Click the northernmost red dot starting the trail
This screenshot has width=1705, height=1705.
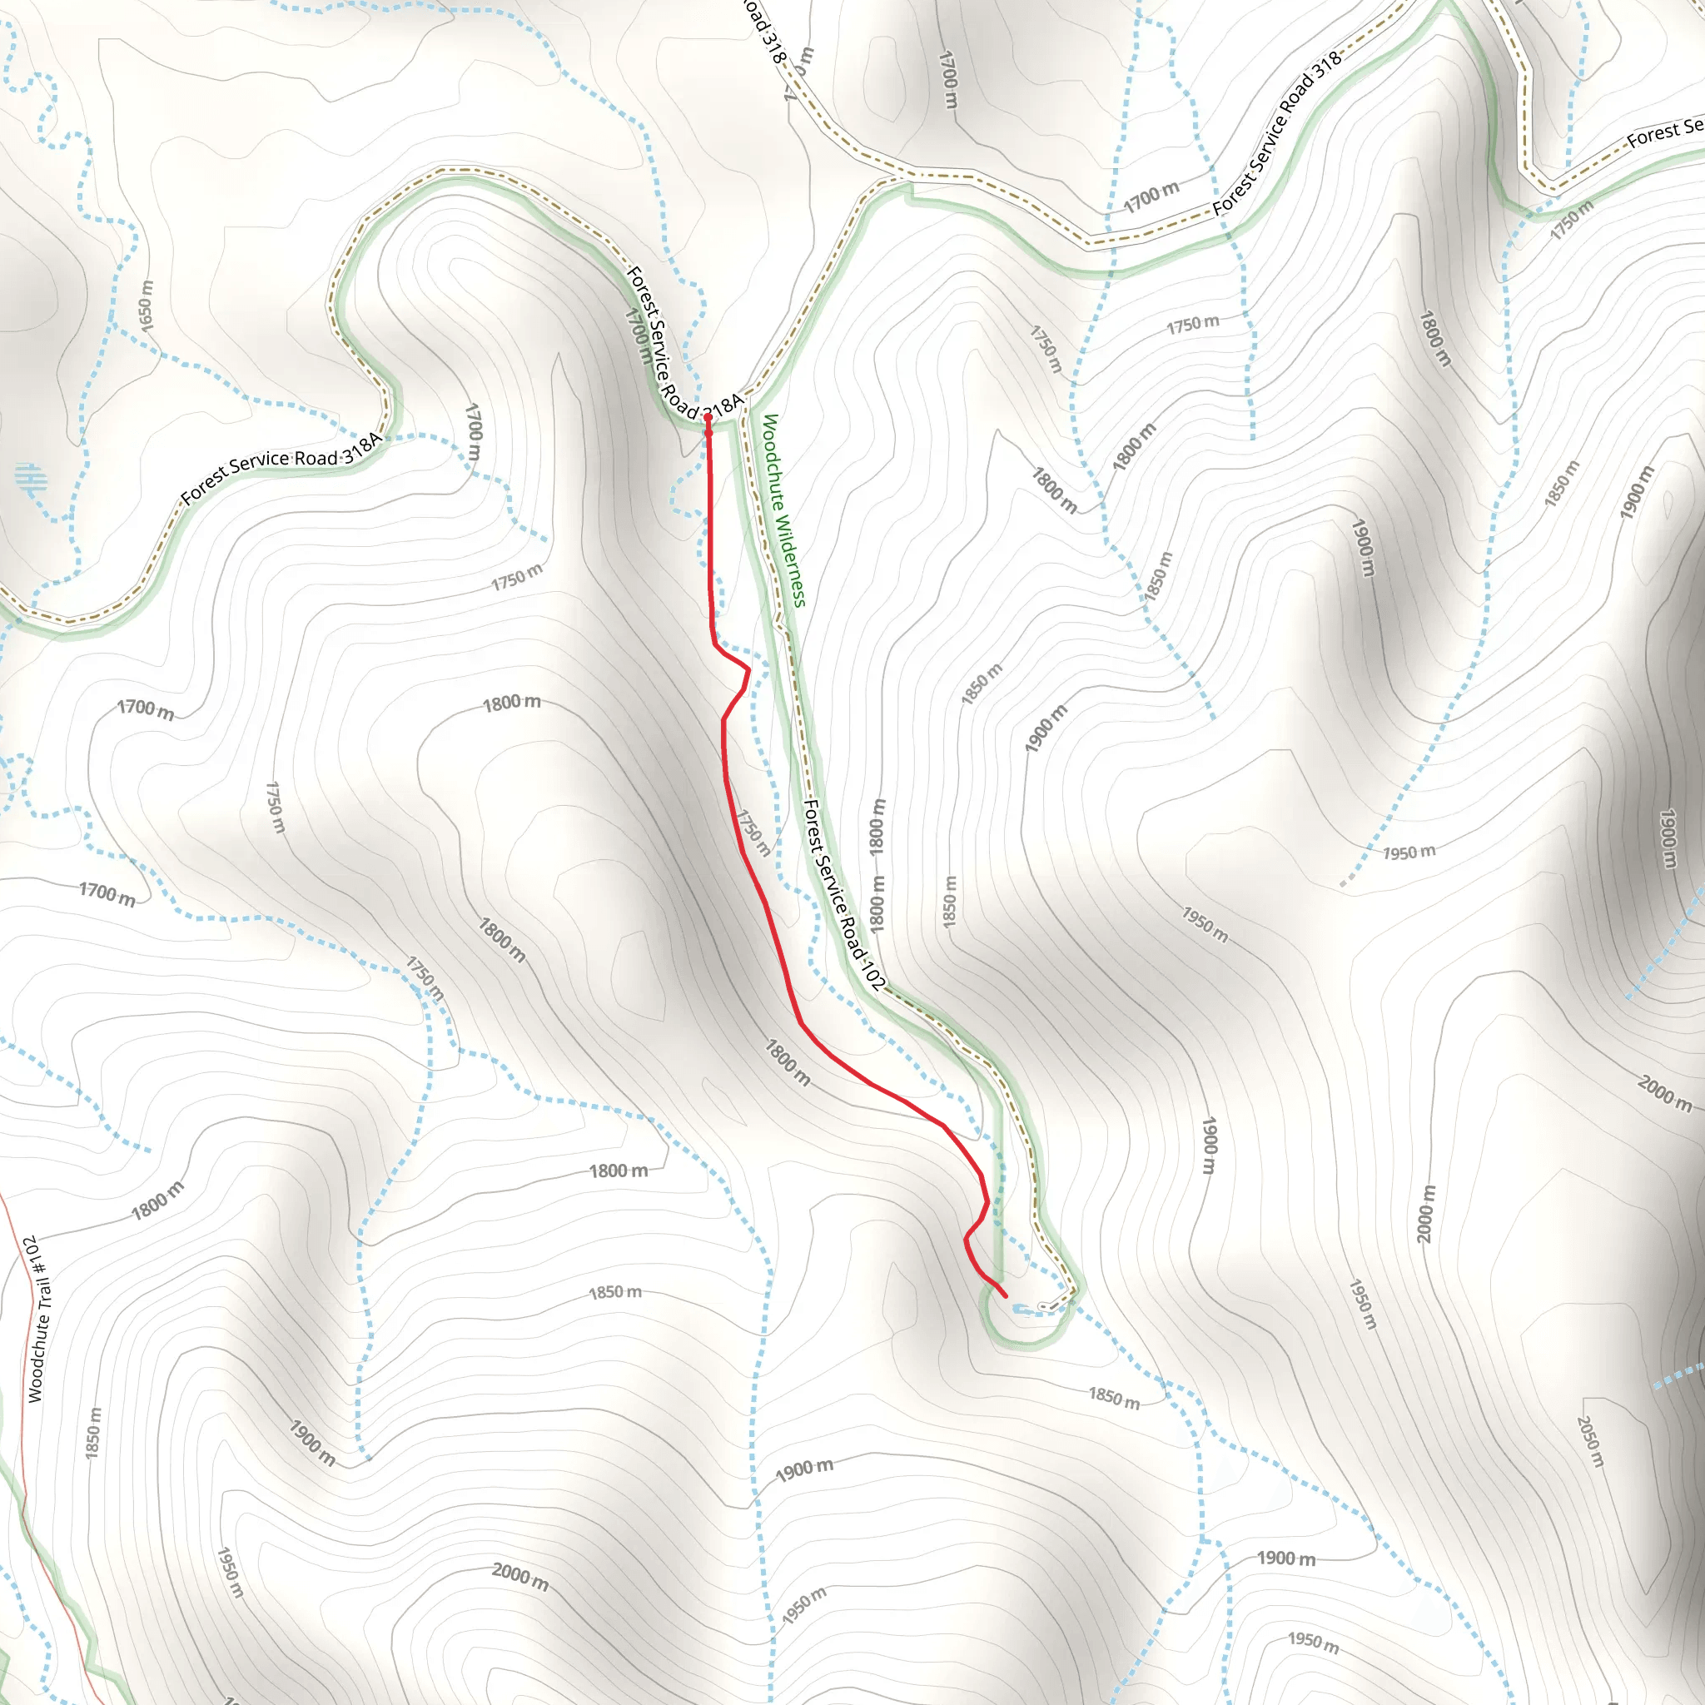(x=708, y=418)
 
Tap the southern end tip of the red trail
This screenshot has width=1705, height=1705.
(x=1006, y=1296)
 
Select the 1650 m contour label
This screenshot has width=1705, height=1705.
(x=147, y=306)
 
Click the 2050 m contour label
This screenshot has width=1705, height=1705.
(x=1588, y=1441)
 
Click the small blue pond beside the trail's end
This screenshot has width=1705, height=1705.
(x=1024, y=1310)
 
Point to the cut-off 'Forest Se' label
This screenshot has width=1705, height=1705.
(x=1664, y=132)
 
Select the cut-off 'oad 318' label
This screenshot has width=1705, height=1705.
(x=763, y=31)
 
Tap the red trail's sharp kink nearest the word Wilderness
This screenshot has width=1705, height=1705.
(x=748, y=670)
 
